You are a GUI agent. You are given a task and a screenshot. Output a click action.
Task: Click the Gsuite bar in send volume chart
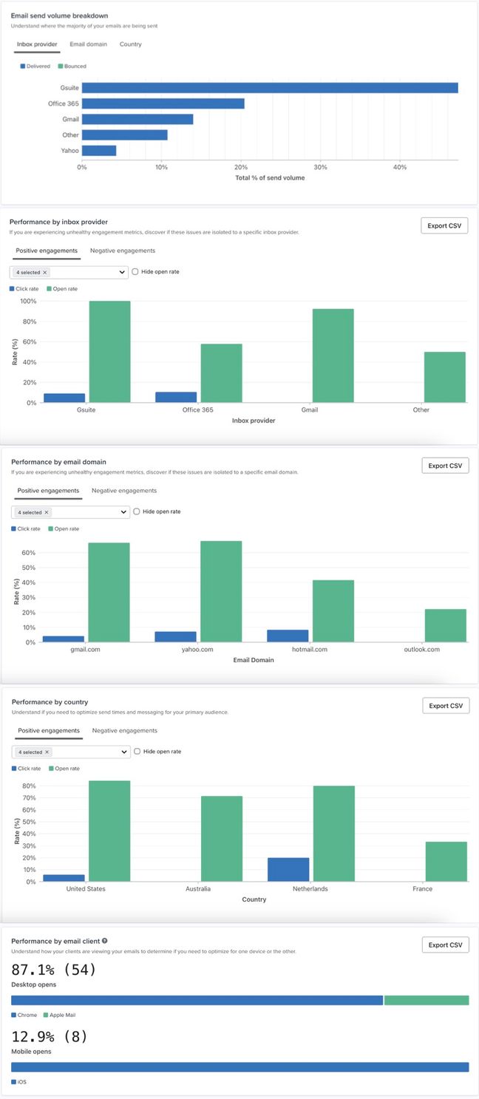coord(270,88)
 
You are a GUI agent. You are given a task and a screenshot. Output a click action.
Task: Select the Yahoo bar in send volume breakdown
coord(99,151)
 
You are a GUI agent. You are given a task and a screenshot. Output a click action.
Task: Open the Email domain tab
coord(88,44)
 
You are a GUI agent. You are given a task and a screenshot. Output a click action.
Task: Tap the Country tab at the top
coord(130,44)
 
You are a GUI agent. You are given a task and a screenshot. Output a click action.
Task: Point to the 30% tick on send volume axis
coord(320,167)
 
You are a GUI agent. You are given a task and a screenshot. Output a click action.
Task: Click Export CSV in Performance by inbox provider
coord(444,225)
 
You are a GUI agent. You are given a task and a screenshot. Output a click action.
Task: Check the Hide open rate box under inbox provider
coord(135,272)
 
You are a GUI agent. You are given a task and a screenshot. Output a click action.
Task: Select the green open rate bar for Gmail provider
coord(333,355)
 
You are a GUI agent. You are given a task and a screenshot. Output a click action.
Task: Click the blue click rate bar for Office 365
coord(176,397)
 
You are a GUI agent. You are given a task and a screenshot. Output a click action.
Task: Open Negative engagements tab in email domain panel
coord(124,491)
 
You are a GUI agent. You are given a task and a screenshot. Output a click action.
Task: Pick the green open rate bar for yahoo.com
coord(221,591)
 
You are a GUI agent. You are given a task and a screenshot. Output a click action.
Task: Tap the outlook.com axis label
coord(422,650)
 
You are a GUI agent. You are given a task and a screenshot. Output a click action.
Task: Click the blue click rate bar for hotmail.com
coord(288,636)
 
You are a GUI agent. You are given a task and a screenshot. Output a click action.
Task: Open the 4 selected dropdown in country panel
coord(71,752)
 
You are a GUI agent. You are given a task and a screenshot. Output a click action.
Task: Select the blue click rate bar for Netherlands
coord(288,869)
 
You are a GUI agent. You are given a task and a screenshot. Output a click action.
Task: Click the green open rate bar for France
coord(446,861)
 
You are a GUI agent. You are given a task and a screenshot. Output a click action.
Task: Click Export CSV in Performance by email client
coord(445,945)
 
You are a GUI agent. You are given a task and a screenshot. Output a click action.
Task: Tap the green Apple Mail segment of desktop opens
coord(427,1001)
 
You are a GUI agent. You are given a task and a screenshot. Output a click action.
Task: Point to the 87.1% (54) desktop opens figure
coord(54,969)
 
